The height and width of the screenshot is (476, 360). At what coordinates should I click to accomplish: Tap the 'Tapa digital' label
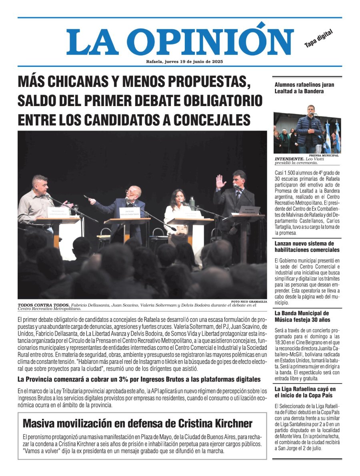pos(318,39)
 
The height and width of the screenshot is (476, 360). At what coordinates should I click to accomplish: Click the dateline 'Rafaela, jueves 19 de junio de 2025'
pos(184,62)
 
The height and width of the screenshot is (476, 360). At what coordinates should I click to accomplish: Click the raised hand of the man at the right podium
pos(220,181)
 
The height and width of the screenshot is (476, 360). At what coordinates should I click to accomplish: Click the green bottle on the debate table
pos(192,203)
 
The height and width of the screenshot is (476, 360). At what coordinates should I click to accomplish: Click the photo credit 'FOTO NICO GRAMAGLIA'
pos(249,301)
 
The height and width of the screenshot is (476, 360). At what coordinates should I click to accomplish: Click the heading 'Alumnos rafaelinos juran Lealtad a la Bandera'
pos(304,88)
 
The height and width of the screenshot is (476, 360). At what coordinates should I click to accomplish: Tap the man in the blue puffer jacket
pos(310,127)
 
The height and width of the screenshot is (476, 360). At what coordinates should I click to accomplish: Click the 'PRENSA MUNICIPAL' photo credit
pos(324,155)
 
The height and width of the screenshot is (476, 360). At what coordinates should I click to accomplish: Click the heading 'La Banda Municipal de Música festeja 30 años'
pos(302,316)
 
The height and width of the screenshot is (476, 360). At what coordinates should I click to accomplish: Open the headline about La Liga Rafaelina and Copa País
pos(305,392)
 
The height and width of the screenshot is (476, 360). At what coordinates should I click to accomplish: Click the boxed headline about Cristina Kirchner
pos(137,424)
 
